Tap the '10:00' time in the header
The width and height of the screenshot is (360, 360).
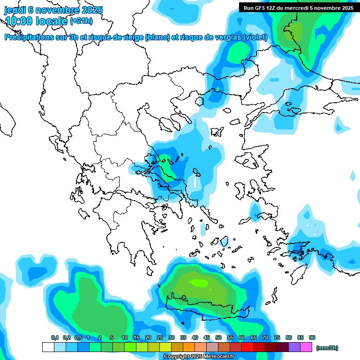click(19, 21)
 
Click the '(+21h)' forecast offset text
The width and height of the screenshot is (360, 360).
click(81, 21)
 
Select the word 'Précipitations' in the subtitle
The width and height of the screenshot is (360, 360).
click(31, 37)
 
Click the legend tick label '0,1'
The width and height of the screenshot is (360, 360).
click(54, 337)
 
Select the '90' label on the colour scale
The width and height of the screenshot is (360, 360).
click(312, 337)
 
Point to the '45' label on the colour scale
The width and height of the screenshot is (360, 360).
click(207, 337)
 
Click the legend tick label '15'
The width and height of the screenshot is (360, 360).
click(136, 337)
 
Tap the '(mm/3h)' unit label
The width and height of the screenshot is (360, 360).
click(327, 348)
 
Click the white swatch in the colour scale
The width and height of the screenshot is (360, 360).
click(48, 347)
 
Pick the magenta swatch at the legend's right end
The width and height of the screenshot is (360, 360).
click(306, 347)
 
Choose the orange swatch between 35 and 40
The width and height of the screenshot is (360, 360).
click(189, 347)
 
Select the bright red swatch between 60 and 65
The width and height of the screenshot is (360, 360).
click(247, 347)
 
